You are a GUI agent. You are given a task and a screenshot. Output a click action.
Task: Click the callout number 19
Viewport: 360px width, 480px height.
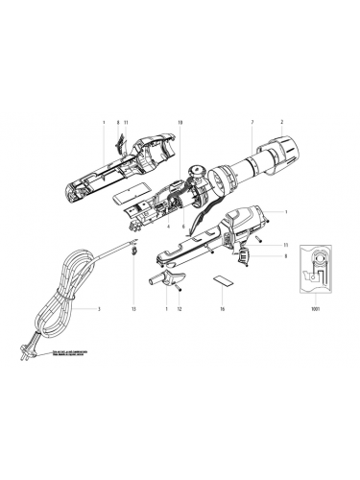click(x=180, y=124)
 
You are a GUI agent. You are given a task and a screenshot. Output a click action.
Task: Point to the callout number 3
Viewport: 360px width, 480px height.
click(x=98, y=310)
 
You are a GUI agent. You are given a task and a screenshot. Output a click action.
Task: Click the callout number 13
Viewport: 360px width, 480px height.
click(x=134, y=310)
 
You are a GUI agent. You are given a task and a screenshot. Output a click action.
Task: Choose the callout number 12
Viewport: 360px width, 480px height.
click(x=179, y=310)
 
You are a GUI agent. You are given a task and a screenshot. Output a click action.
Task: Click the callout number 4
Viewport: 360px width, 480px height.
click(x=167, y=226)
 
